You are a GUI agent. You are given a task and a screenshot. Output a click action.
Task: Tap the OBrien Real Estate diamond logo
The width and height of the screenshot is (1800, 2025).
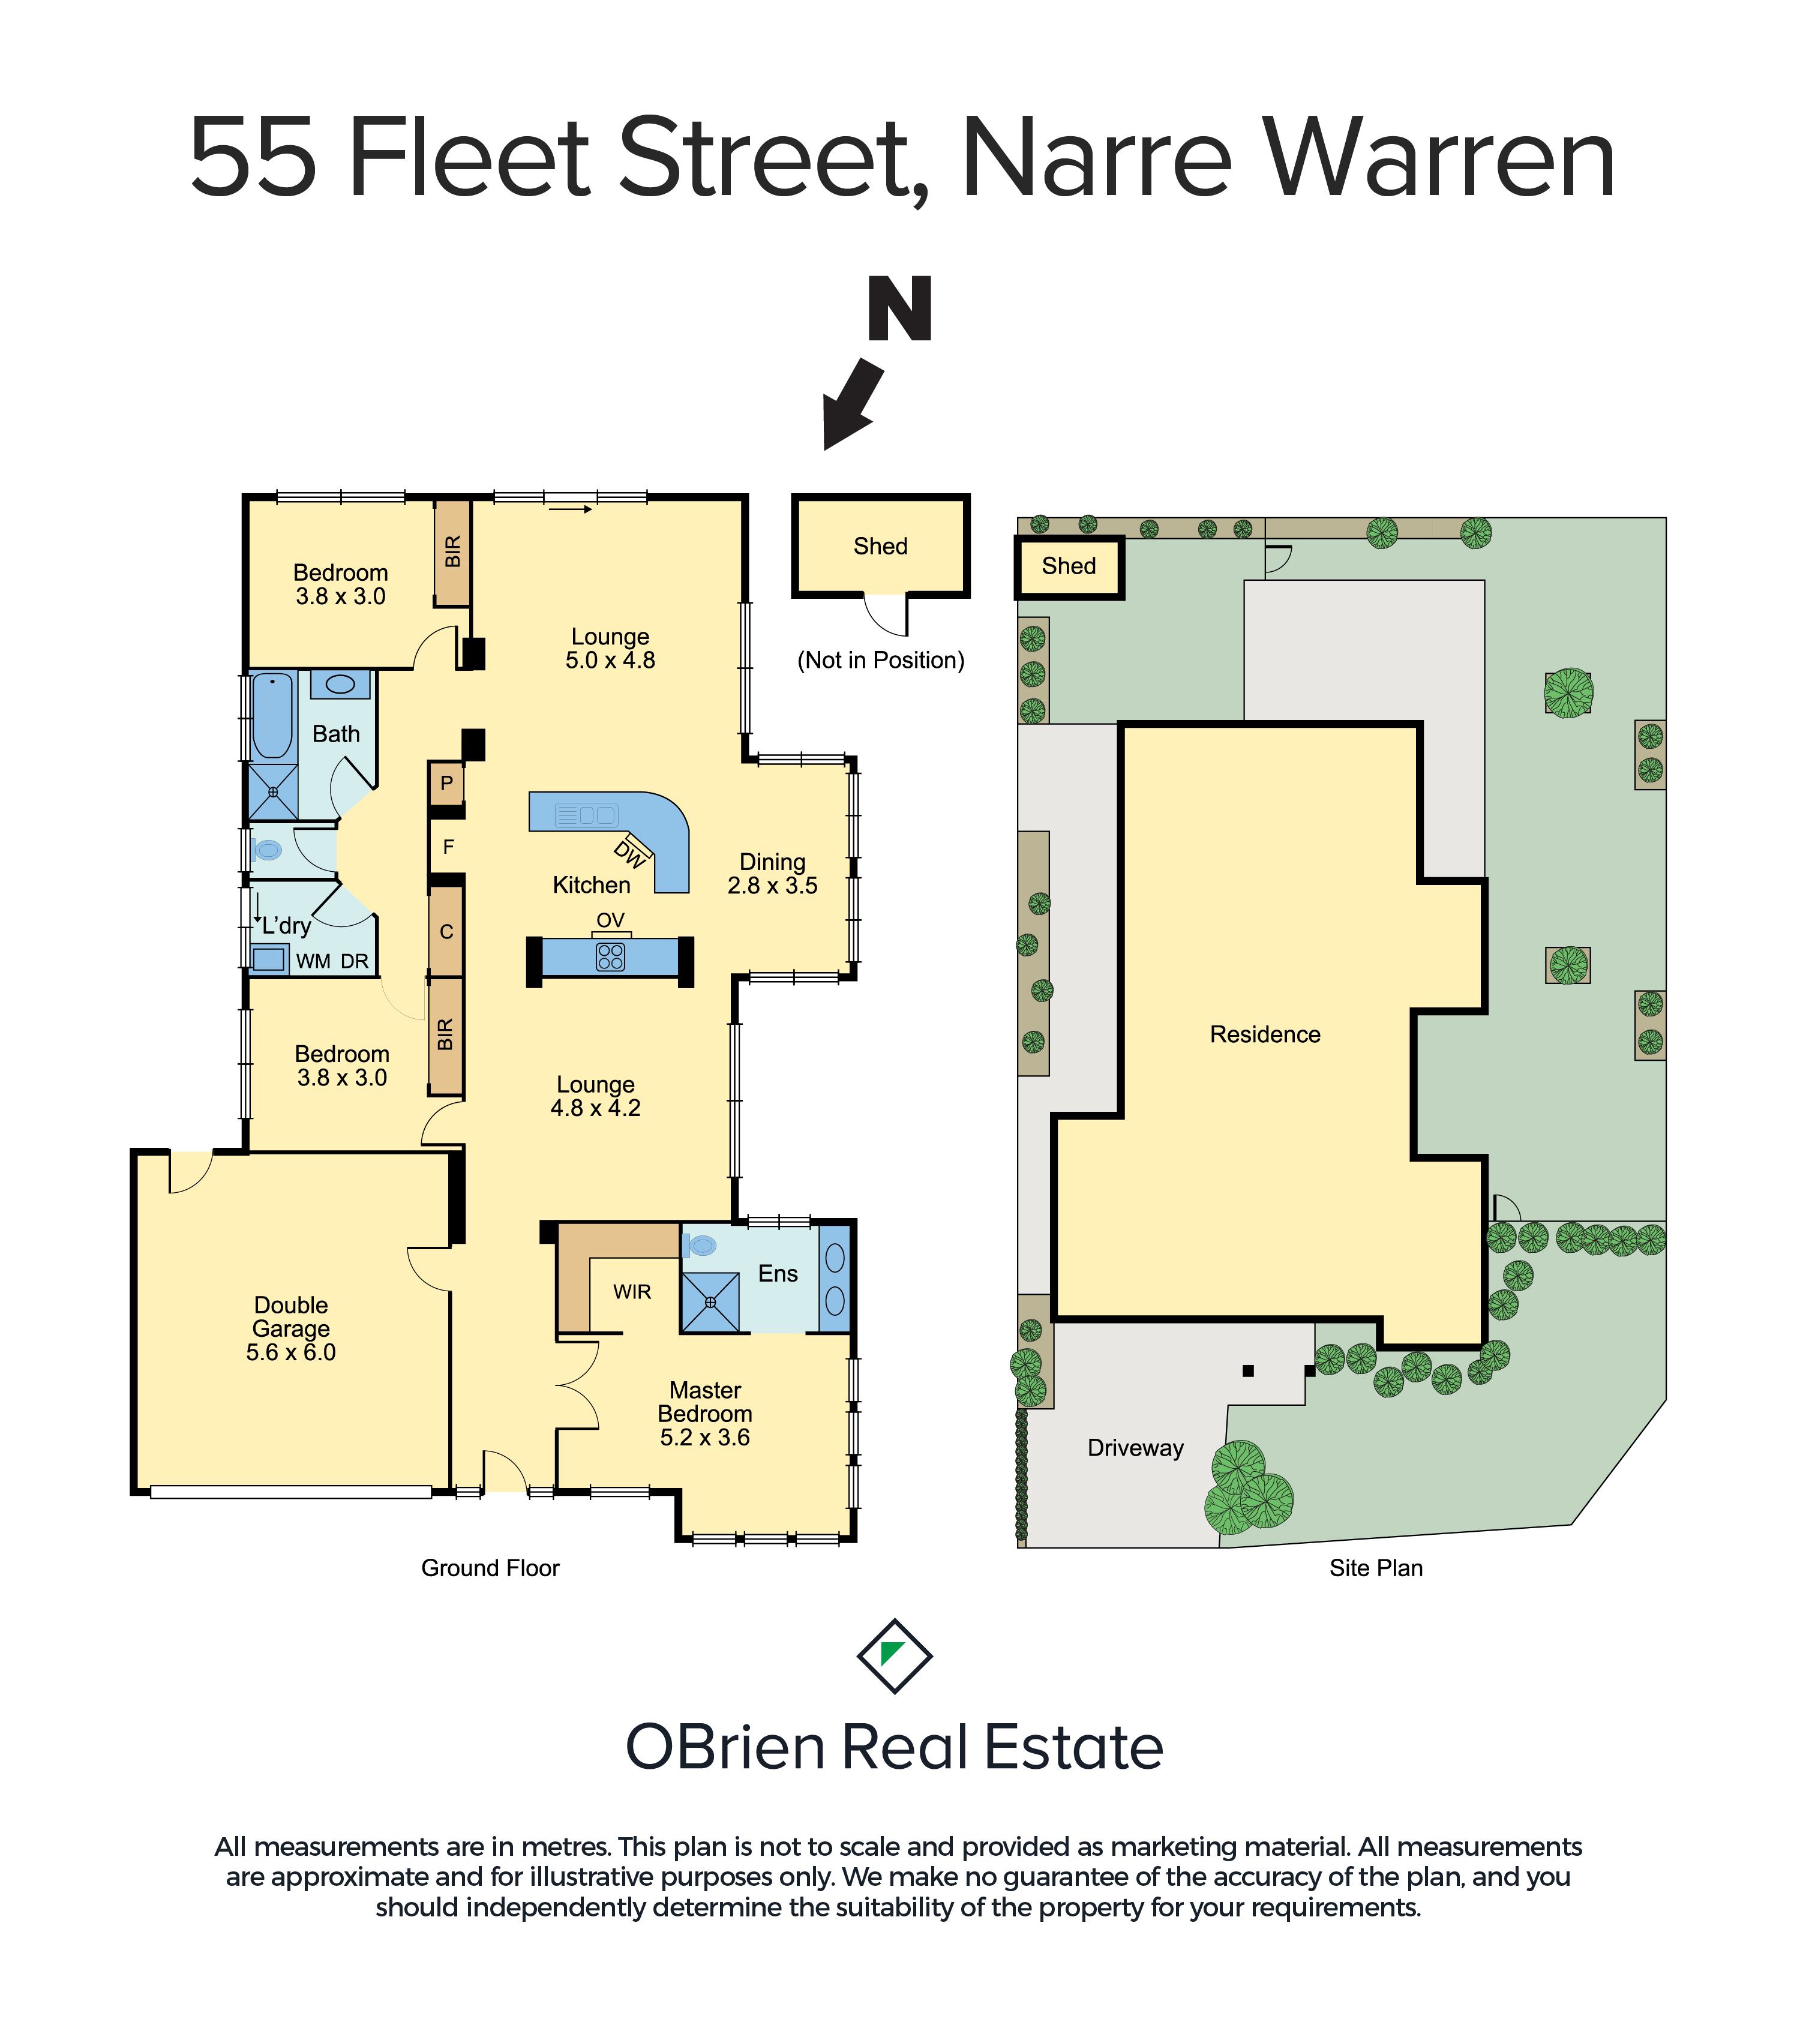point(895,1657)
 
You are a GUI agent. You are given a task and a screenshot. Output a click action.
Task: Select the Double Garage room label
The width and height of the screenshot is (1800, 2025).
point(291,1328)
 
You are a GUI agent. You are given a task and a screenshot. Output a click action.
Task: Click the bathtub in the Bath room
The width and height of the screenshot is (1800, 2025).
point(272,715)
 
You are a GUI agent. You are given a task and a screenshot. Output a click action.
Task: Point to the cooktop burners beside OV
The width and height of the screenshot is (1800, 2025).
point(610,957)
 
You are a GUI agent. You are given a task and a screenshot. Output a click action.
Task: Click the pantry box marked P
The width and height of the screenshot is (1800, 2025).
point(447,784)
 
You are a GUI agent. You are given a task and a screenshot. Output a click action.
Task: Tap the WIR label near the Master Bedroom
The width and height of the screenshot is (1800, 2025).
point(632,1292)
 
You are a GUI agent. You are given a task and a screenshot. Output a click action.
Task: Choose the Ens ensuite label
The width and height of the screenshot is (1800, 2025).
point(778,1274)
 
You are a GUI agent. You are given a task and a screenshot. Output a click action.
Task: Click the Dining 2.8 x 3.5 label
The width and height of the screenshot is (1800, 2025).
point(773,874)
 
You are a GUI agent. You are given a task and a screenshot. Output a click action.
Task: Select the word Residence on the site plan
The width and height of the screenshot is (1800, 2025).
point(1265,1034)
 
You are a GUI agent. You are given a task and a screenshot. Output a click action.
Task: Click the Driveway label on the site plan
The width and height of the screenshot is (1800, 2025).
point(1135,1448)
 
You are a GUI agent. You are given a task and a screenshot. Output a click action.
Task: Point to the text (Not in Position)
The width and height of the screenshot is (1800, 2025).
point(881,661)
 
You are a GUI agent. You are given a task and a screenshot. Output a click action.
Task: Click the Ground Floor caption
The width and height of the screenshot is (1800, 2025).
point(490,1568)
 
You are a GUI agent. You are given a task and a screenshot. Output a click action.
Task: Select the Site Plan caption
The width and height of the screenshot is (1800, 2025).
point(1376,1568)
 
